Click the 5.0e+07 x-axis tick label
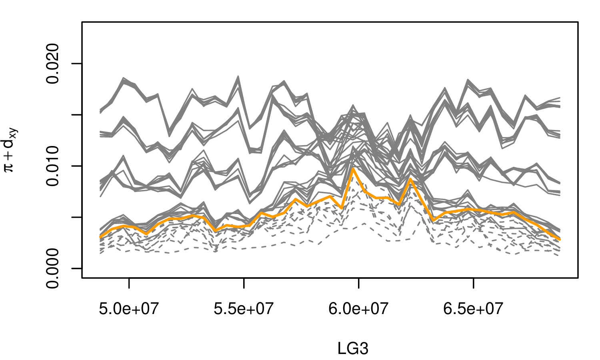[x=129, y=309]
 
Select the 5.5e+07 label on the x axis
[x=244, y=309]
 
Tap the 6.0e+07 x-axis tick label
[x=358, y=309]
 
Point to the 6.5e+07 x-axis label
[x=473, y=309]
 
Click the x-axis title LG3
[x=352, y=349]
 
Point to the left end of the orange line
[x=101, y=237]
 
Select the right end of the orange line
[x=560, y=239]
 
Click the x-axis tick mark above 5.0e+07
[x=129, y=282]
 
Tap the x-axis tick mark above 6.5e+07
[x=473, y=282]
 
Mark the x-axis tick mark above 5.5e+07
[x=244, y=282]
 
